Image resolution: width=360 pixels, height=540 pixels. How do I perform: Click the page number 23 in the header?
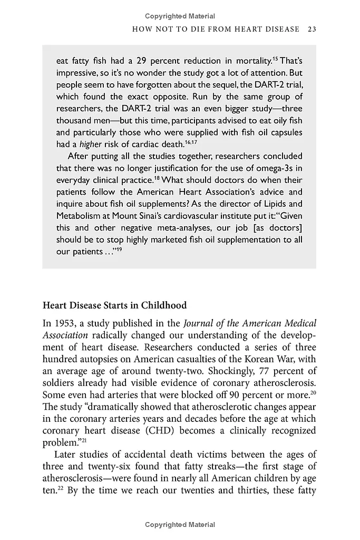click(x=311, y=29)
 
